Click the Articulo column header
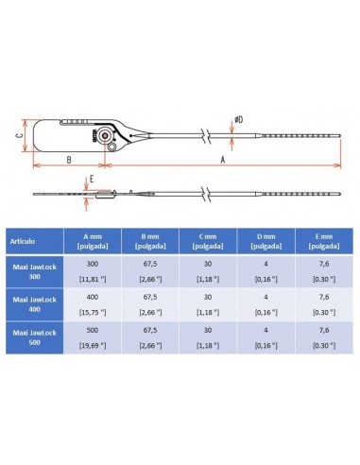(x=32, y=241)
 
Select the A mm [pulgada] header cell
(x=93, y=241)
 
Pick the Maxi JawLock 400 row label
(x=32, y=304)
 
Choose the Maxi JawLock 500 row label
(x=32, y=338)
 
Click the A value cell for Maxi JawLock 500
(x=93, y=338)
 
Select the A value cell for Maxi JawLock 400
(x=93, y=304)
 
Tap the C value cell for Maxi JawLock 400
(x=210, y=304)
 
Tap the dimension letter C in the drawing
(x=20, y=135)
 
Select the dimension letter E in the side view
(x=92, y=178)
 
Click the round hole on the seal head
(x=113, y=147)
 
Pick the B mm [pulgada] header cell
(x=151, y=241)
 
